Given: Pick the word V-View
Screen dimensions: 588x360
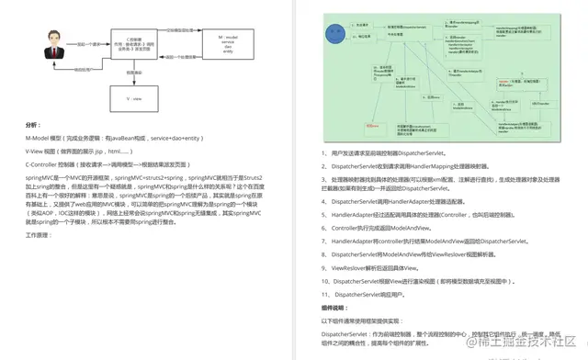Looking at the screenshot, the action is click(40, 149).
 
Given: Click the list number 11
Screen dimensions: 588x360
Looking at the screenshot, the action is click(326, 293).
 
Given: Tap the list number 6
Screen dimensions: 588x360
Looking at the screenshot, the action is click(324, 226).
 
